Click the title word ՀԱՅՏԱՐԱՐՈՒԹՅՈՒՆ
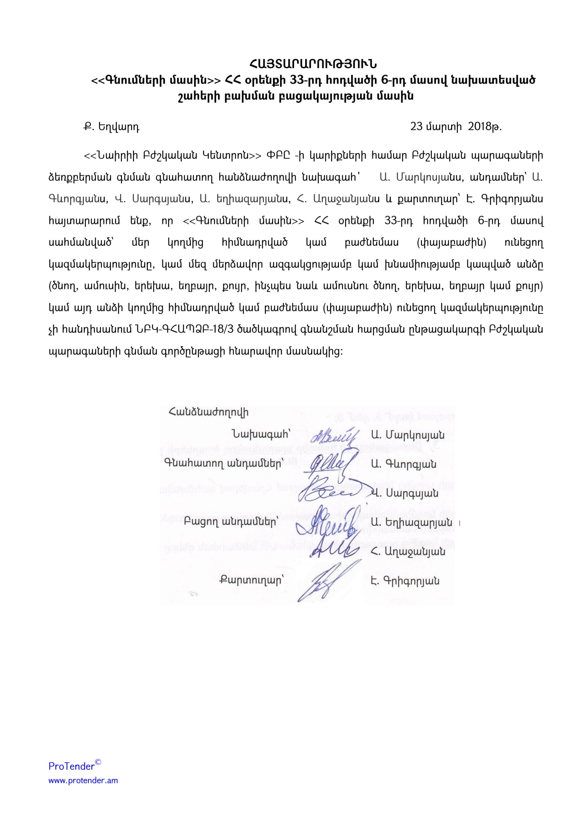(313, 64)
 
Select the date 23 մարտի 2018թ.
(456, 127)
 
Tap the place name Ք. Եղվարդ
(111, 127)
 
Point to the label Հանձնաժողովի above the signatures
(208, 412)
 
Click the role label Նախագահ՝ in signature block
(261, 435)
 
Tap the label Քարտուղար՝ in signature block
(251, 580)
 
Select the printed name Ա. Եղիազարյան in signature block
(411, 522)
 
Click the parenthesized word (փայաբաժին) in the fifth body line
(451, 243)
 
